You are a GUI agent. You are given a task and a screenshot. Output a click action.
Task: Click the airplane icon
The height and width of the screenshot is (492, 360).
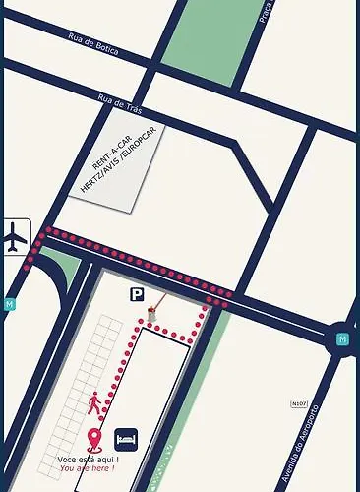[16, 237]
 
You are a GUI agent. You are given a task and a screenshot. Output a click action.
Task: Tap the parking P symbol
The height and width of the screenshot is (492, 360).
[136, 292]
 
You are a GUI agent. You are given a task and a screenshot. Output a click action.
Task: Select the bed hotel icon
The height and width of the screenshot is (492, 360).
[125, 436]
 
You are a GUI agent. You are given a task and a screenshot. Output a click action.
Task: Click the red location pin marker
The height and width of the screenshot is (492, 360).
[94, 438]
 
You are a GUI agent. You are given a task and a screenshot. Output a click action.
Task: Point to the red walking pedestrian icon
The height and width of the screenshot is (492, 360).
[94, 402]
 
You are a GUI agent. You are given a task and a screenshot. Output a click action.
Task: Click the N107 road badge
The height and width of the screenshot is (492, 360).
[299, 402]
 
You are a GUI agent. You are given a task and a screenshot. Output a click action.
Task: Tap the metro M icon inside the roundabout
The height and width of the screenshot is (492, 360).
[342, 339]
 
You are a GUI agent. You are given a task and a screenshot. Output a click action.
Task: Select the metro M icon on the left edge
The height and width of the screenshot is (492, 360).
[9, 304]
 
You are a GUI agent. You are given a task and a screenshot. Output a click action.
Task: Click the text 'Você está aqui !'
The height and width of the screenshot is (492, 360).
[89, 460]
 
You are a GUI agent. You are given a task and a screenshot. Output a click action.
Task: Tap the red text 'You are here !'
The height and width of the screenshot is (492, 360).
[87, 468]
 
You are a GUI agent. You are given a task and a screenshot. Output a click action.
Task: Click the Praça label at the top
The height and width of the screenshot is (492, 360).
[264, 11]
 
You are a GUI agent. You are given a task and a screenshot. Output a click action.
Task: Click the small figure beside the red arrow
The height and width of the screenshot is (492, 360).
[151, 313]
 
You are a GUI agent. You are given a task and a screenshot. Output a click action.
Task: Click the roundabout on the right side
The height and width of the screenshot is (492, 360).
[342, 339]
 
